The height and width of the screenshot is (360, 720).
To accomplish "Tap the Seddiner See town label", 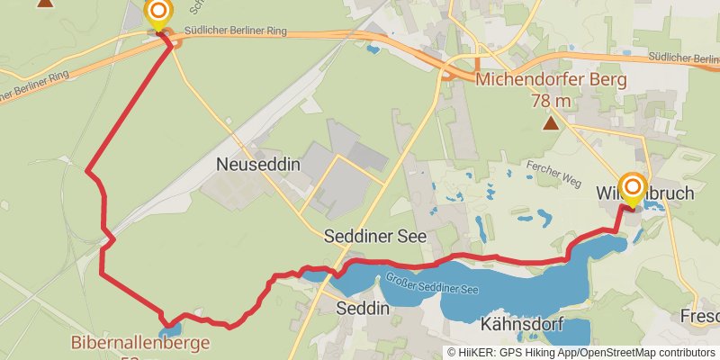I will [x=375, y=236].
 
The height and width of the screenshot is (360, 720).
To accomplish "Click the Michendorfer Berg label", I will [x=551, y=80].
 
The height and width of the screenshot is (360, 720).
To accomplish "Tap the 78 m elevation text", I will [x=551, y=100].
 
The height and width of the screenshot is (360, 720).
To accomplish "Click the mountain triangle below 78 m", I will [x=551, y=121].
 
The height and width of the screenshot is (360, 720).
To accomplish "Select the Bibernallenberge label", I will [x=140, y=343].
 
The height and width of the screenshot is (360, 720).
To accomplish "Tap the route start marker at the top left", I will [x=159, y=13].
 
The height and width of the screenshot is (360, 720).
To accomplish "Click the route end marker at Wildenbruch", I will [x=633, y=189].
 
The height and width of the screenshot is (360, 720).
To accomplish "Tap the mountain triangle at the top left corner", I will [x=44, y=3].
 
